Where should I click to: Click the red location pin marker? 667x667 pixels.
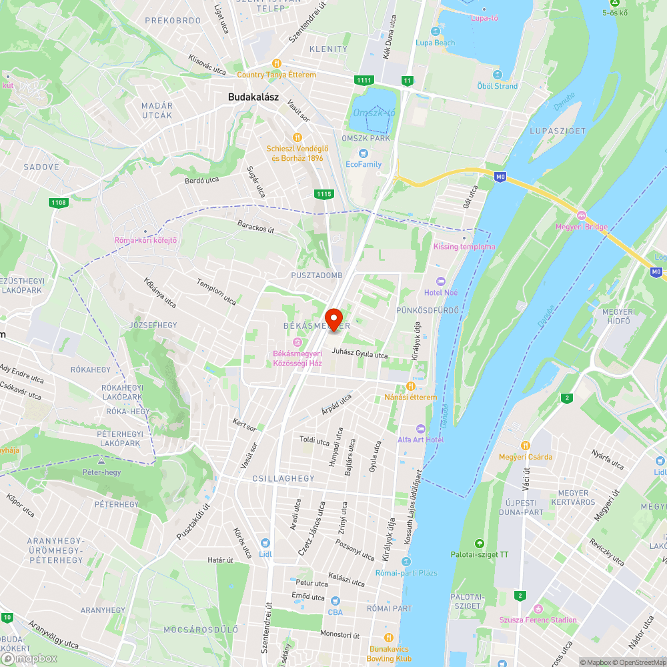pos(333,317)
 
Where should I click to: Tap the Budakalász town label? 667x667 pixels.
pos(253,97)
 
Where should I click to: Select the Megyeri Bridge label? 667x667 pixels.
pos(582,227)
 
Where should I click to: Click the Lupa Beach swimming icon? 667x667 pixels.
pos(436,31)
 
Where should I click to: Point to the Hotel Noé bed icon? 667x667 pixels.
pos(440,281)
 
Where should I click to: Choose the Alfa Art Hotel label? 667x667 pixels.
pos(421,440)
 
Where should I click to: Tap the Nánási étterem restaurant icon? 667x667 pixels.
pos(410,386)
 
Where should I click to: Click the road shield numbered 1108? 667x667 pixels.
pos(58,202)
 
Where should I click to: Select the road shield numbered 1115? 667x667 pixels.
pos(323,193)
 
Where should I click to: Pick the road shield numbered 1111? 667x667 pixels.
pos(364,81)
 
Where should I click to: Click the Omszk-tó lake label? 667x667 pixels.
pos(374,113)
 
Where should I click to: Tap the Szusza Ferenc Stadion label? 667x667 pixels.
pos(538,620)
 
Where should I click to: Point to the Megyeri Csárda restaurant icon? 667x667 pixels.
pos(526,446)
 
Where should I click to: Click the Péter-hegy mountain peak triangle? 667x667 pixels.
pos(101,461)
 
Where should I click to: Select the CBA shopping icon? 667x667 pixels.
pos(336,600)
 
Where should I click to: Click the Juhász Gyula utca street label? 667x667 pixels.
pos(360,355)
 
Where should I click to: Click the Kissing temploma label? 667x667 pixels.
pos(464,247)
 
